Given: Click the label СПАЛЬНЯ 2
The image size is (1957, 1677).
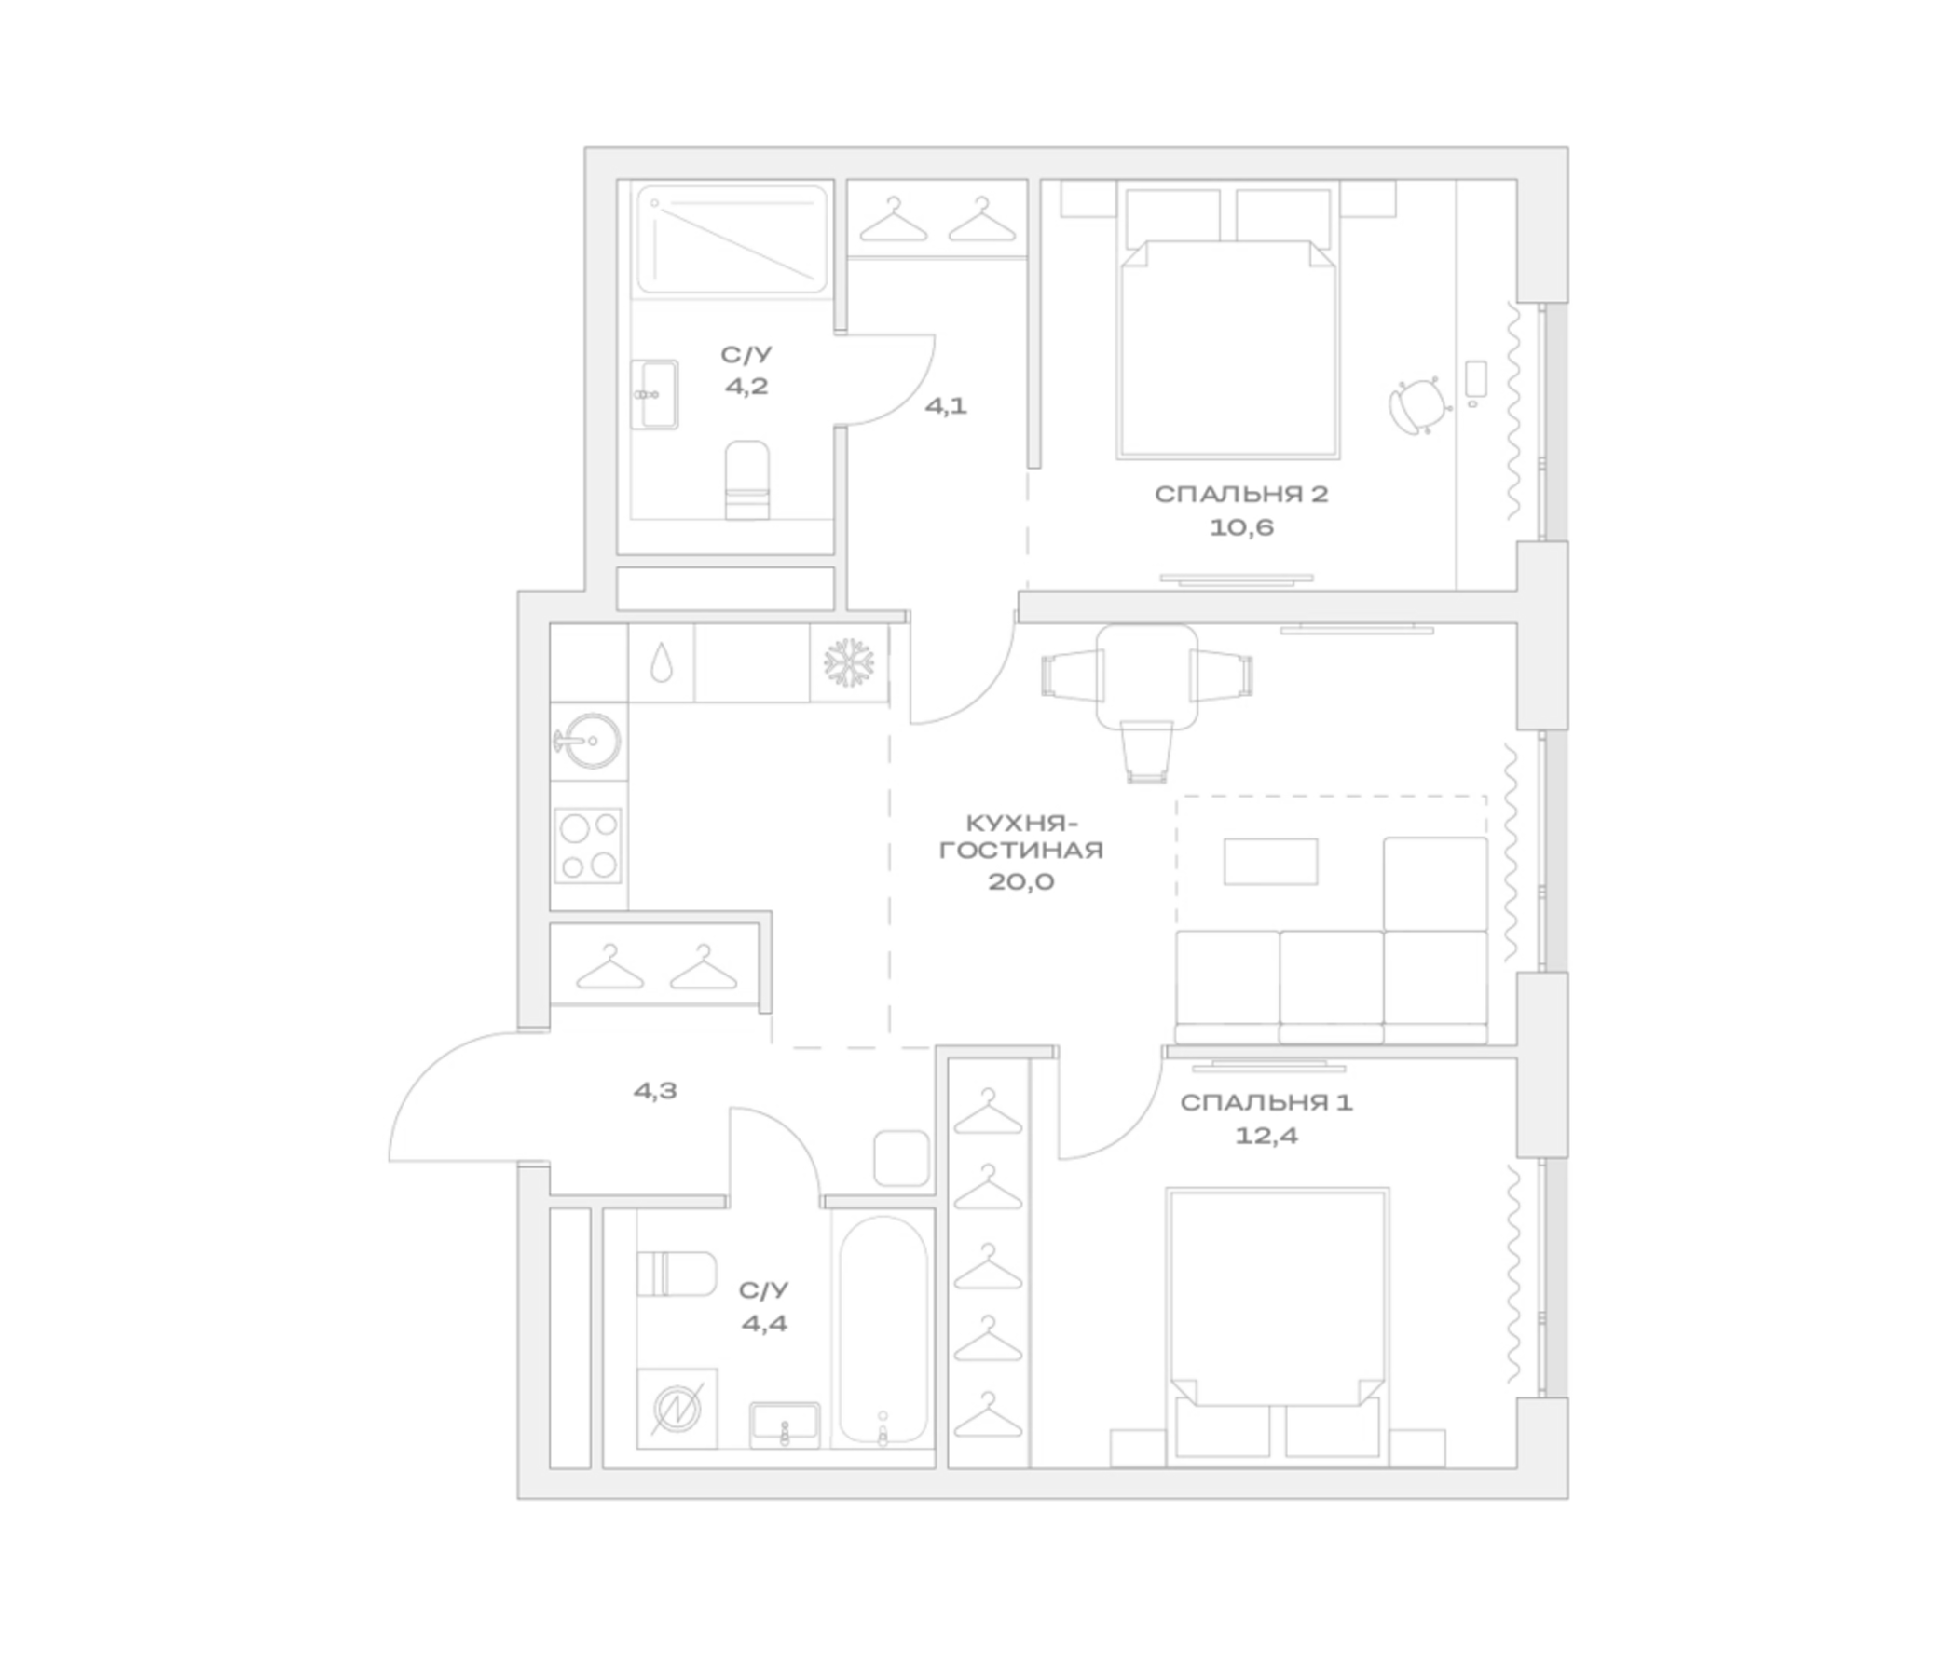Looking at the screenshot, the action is coord(1241,495).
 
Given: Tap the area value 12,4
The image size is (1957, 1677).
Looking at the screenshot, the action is coord(1266,1135).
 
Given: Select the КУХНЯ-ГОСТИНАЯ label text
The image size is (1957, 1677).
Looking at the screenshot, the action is coord(1021,836).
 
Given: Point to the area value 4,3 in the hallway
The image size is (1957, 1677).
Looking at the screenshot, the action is coord(654,1091).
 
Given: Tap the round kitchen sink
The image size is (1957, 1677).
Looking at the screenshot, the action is coord(587,741).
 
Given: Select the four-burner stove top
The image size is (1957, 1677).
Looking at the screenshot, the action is coord(587,845).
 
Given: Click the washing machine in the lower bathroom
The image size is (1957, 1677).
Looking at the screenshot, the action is coord(677,1409).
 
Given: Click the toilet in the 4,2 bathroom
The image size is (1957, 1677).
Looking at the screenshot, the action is coord(746,480).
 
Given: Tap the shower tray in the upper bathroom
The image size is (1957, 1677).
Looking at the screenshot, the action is coord(732,239).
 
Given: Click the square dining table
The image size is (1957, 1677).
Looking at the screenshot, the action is coord(1146,676).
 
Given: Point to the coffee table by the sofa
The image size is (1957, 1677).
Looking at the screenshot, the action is coord(1270,861).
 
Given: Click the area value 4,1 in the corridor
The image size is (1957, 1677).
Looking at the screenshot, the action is coord(946,406).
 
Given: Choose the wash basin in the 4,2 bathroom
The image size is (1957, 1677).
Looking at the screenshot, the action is coord(654,394).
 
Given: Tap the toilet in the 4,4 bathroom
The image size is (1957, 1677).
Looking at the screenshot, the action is coord(677,1274).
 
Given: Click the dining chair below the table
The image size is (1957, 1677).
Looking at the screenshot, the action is coord(1146,752).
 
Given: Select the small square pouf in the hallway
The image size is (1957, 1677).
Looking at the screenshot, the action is coord(901,1158).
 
